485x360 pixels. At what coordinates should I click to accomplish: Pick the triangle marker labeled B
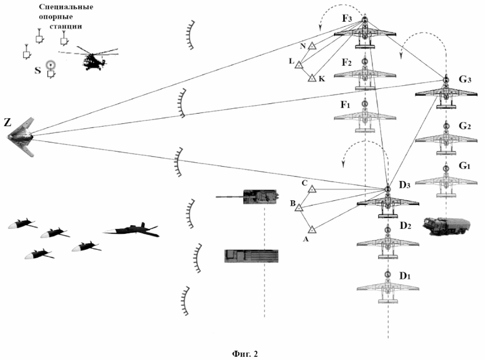pos(299,208)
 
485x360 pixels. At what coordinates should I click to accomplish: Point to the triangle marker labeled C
pos(313,188)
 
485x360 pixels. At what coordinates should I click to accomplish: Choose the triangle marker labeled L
pos(299,63)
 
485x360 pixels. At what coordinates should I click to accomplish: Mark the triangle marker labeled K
pos(312,78)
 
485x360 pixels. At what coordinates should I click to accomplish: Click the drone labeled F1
pos(365,117)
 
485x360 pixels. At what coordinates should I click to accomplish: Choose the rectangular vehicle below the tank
pos(251,256)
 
